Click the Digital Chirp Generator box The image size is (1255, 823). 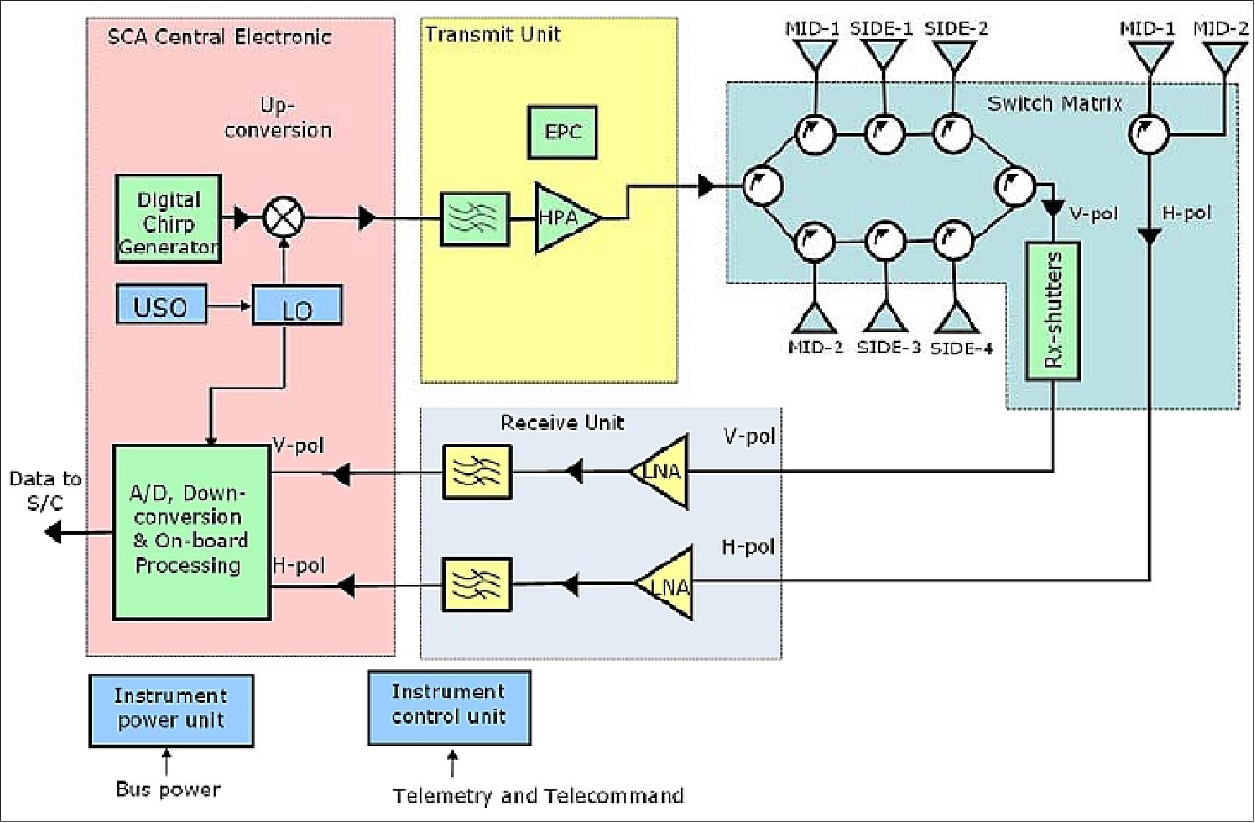[168, 219]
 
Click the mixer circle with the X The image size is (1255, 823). [283, 216]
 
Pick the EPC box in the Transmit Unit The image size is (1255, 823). [562, 132]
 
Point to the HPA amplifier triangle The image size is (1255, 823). [565, 217]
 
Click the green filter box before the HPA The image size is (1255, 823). [475, 219]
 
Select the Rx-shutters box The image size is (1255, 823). [1052, 311]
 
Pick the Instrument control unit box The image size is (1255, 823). [449, 707]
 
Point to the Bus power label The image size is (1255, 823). [168, 789]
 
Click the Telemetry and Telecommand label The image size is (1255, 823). [538, 796]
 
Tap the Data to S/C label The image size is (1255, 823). [45, 491]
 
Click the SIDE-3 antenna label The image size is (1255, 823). [889, 347]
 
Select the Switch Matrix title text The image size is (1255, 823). [1054, 104]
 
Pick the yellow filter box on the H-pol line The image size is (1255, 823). [476, 584]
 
